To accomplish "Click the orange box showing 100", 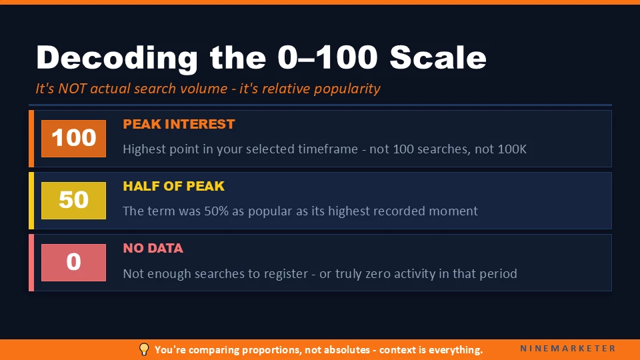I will coord(73,139).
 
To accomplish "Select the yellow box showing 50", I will coord(73,200).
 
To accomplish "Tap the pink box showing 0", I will coord(73,262).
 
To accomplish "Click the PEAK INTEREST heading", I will coord(179,124).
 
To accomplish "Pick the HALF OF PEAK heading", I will coord(173,186).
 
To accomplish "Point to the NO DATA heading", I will coord(153,248).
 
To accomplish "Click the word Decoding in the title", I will coord(117,58).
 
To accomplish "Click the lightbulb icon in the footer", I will coord(143,349).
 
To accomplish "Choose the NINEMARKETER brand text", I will coord(568,349).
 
